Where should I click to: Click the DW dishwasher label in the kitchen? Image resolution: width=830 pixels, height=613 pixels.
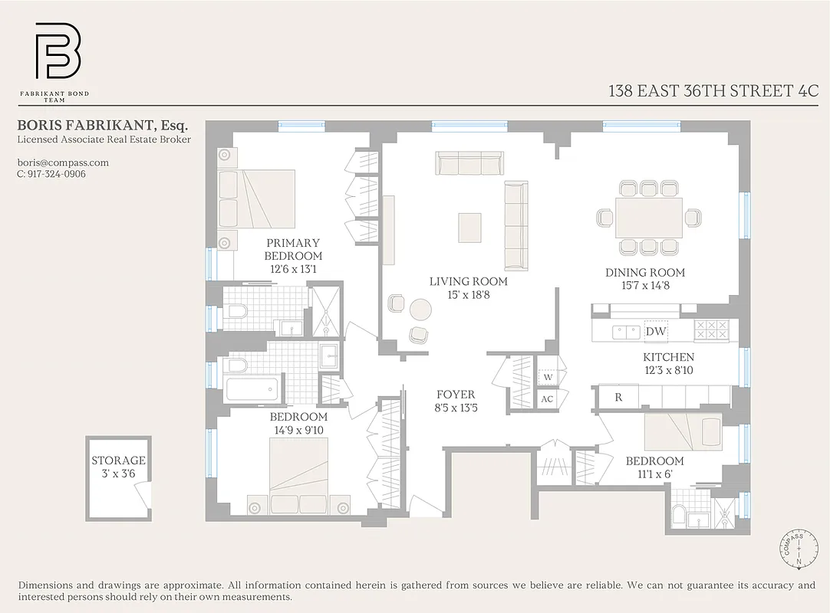656,331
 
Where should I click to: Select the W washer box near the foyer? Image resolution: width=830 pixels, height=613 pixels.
548,377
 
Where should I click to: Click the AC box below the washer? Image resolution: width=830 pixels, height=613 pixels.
548,399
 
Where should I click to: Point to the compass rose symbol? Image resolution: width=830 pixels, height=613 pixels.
799,549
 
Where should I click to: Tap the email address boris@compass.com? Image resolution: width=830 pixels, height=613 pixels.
63,162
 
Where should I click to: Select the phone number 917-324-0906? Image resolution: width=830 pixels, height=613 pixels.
51,174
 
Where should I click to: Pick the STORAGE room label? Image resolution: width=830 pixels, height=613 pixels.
118,461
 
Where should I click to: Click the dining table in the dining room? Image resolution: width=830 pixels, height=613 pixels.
649,217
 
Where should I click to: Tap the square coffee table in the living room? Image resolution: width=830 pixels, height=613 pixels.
469,227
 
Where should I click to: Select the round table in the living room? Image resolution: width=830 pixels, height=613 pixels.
420,310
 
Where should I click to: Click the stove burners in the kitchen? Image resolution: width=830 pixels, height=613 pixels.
711,330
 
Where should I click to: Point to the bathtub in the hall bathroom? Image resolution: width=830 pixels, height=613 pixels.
252,388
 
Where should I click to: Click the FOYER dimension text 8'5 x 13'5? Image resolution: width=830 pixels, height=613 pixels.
456,408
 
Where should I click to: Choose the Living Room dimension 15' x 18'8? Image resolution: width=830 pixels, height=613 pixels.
468,294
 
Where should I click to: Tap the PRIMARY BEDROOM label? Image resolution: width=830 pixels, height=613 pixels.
293,249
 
